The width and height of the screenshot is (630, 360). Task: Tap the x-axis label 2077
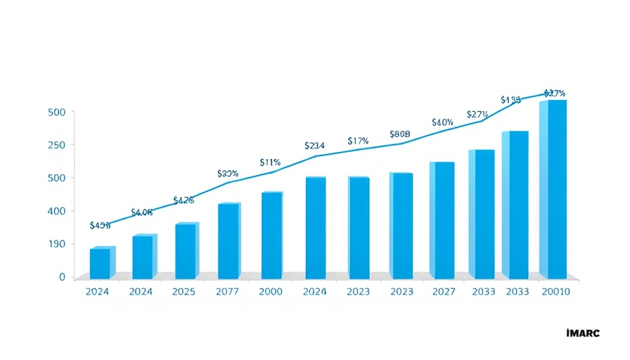point(228,292)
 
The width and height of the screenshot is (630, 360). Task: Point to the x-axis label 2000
point(271,292)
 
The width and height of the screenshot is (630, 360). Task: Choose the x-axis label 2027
point(443,292)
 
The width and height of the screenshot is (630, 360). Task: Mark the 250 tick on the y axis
point(56,145)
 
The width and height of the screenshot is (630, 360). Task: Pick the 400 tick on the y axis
point(56,211)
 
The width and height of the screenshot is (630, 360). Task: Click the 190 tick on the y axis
point(56,244)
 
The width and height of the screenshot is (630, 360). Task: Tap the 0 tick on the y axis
point(61,277)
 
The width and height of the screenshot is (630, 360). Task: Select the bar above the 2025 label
point(186,250)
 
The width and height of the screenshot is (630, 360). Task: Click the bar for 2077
point(229,240)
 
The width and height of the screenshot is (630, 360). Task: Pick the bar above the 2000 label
point(271,234)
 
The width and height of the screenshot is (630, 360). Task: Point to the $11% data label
point(270,162)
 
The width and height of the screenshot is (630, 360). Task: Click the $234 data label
point(314,146)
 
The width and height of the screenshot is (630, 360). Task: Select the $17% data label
point(358,141)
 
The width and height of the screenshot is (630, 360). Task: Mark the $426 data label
point(183,200)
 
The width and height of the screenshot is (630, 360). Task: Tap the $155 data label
point(510,101)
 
